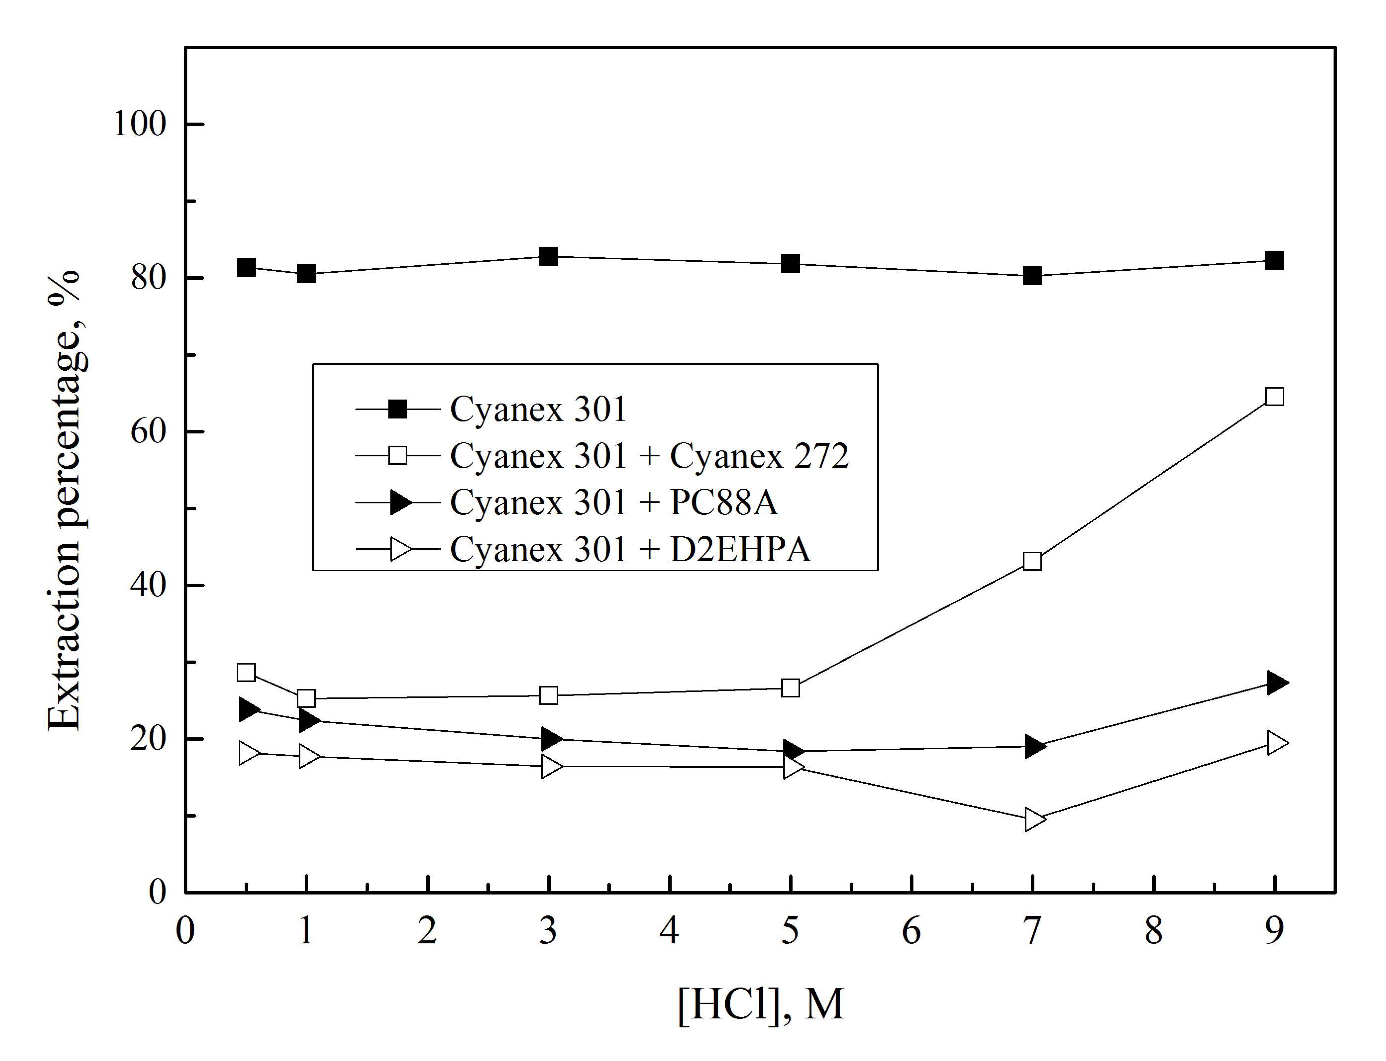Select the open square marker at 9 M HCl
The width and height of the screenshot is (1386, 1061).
1274,397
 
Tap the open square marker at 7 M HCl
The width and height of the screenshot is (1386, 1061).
1032,561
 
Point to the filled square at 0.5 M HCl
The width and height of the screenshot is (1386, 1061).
246,267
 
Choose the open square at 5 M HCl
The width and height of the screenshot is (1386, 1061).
790,688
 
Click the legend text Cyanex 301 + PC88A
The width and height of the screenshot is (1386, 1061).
613,503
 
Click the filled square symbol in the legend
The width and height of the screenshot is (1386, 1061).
398,409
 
